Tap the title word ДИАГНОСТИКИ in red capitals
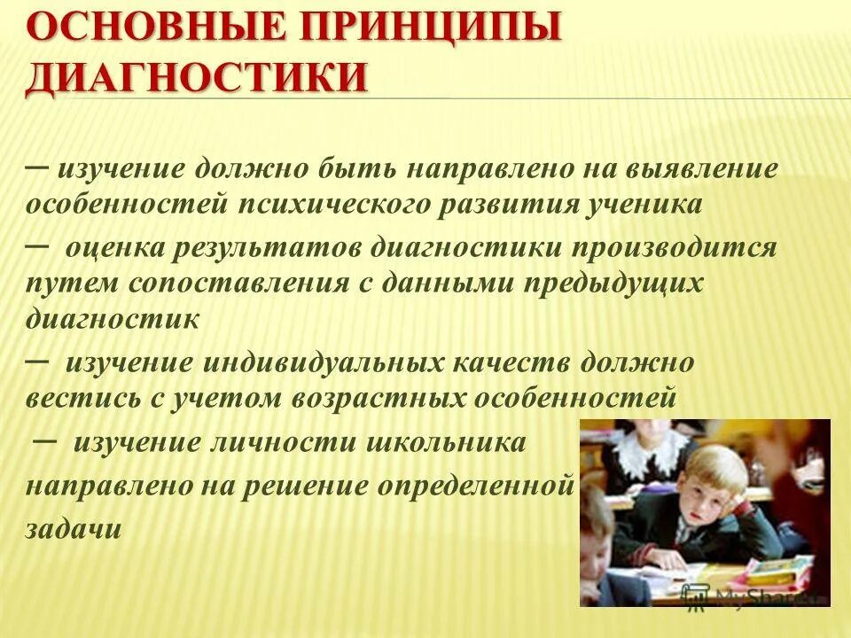(x=196, y=78)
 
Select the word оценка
(x=114, y=247)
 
